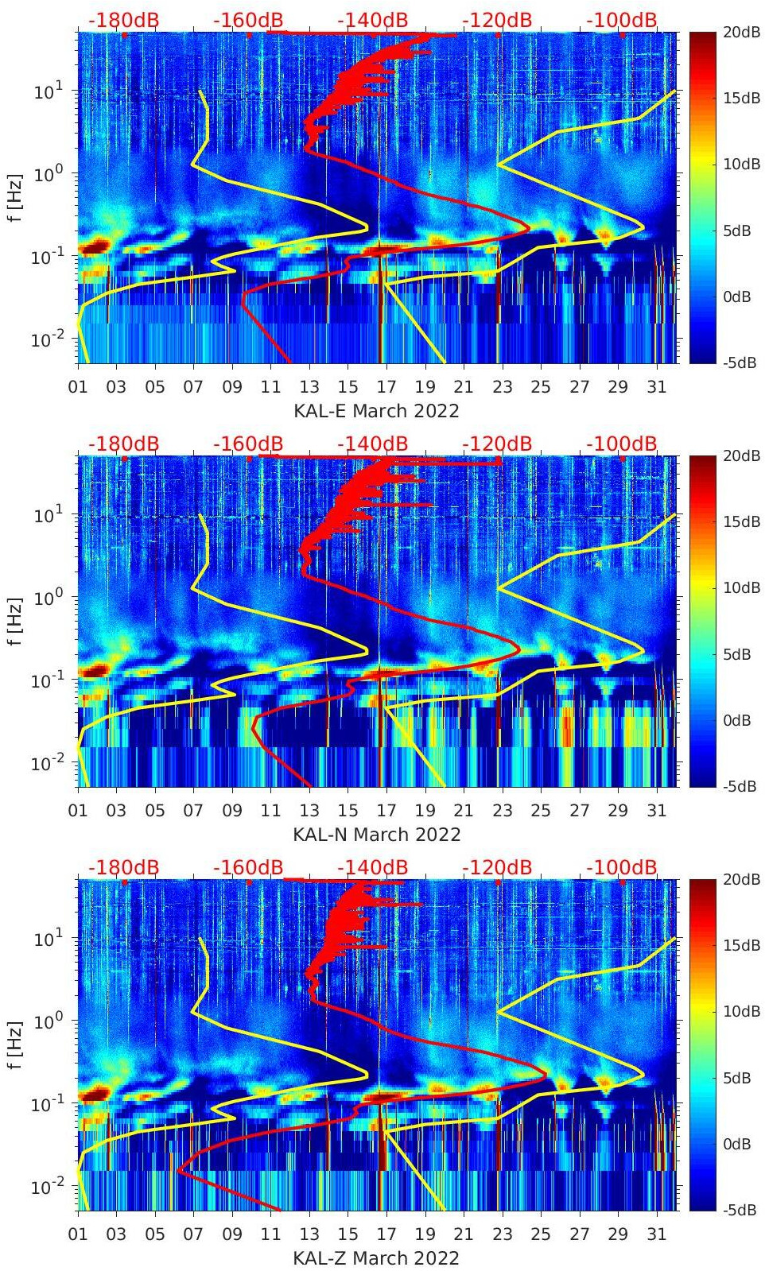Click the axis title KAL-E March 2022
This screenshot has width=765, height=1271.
[376, 411]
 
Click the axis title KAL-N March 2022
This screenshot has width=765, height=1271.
[376, 835]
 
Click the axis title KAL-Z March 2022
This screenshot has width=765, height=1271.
[376, 1258]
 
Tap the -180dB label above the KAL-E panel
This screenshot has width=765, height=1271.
[123, 21]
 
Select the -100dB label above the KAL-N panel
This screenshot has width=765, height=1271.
[622, 444]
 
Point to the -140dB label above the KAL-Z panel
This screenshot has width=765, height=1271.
[372, 868]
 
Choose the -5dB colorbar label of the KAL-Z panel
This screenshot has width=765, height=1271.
[736, 1210]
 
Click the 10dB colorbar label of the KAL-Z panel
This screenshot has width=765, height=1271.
[740, 1011]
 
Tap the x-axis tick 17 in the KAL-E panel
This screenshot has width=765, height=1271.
[386, 387]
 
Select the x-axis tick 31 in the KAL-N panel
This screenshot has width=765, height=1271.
[656, 811]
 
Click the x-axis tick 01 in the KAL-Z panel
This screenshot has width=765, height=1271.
[78, 1234]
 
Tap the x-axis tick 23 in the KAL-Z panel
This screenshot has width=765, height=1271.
[502, 1234]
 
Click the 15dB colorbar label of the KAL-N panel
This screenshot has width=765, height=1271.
[740, 521]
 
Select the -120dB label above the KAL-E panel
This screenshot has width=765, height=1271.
[496, 21]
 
